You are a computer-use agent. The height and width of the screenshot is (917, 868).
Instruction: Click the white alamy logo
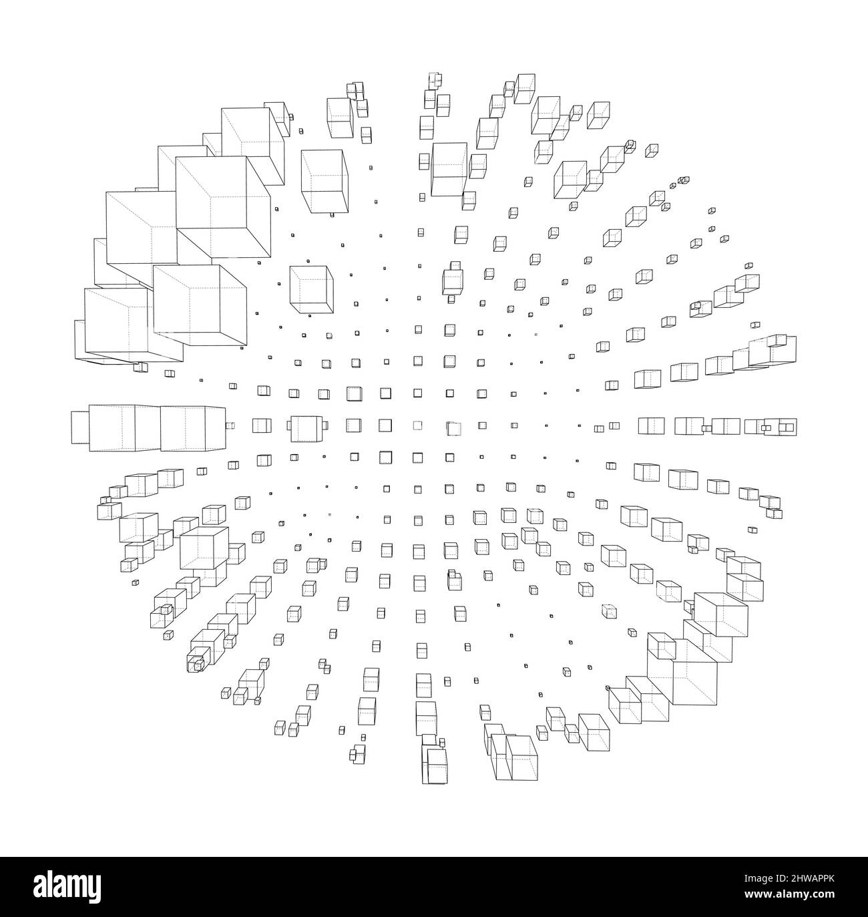67,887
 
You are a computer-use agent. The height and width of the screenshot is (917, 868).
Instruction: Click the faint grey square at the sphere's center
417,425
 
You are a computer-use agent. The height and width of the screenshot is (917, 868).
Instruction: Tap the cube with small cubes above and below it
453,281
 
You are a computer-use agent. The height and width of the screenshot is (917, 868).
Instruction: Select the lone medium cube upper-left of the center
311,290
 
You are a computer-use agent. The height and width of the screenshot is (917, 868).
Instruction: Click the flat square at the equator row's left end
79,427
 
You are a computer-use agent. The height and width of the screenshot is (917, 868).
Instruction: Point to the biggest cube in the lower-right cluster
688,672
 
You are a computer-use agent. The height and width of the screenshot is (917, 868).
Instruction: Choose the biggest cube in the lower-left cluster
204,548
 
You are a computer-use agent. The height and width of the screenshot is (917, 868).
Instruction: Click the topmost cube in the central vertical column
435,79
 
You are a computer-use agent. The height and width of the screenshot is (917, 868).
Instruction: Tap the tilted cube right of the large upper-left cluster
324,182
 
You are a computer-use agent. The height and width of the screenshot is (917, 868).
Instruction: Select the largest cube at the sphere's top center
449,170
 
